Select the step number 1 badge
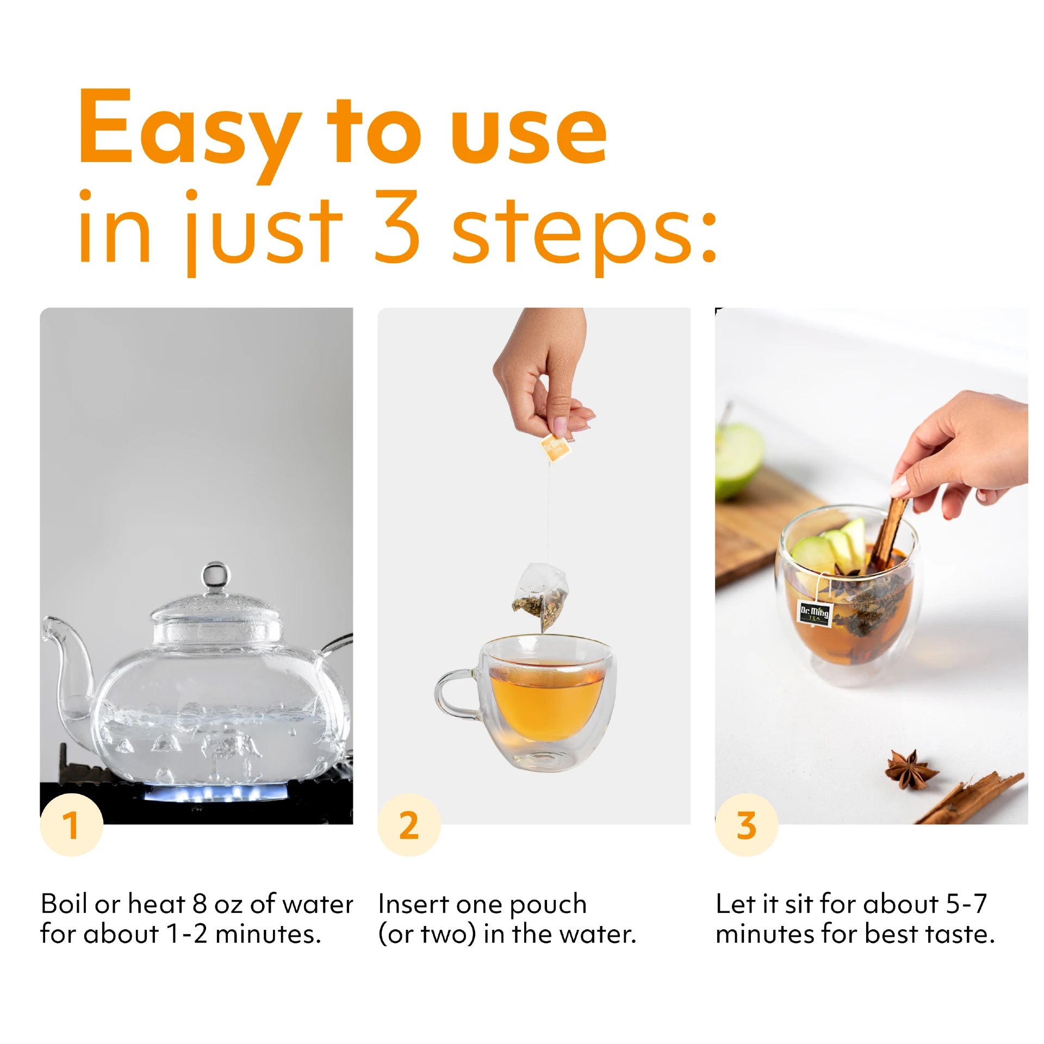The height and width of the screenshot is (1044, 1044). pos(71,825)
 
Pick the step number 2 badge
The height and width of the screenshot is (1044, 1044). pos(409,825)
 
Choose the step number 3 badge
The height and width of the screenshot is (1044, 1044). pos(747,825)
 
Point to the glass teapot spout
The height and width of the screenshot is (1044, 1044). pos(71,674)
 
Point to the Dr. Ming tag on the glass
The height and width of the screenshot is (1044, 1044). pos(814,614)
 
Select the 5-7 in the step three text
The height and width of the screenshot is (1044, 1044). pos(966,904)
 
